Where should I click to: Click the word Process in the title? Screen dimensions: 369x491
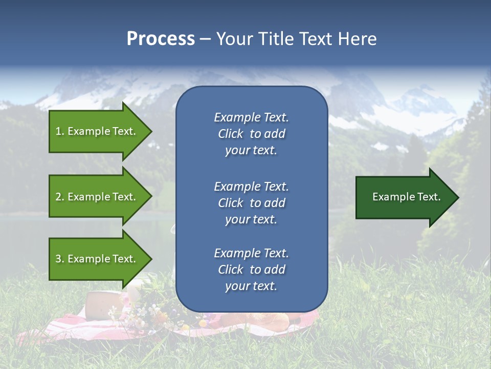coord(161,39)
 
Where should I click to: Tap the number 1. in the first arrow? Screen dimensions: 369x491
coord(60,131)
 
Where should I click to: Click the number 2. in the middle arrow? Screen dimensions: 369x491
coord(60,197)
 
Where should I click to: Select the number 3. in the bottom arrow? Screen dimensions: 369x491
coord(60,259)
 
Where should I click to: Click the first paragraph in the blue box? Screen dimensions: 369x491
coord(251,134)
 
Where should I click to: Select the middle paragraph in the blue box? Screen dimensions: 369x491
coord(251,202)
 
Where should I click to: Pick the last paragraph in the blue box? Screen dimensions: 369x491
coord(251,270)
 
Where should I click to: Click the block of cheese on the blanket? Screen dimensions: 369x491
coord(104,305)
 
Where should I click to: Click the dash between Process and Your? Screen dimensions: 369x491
coord(205,39)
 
